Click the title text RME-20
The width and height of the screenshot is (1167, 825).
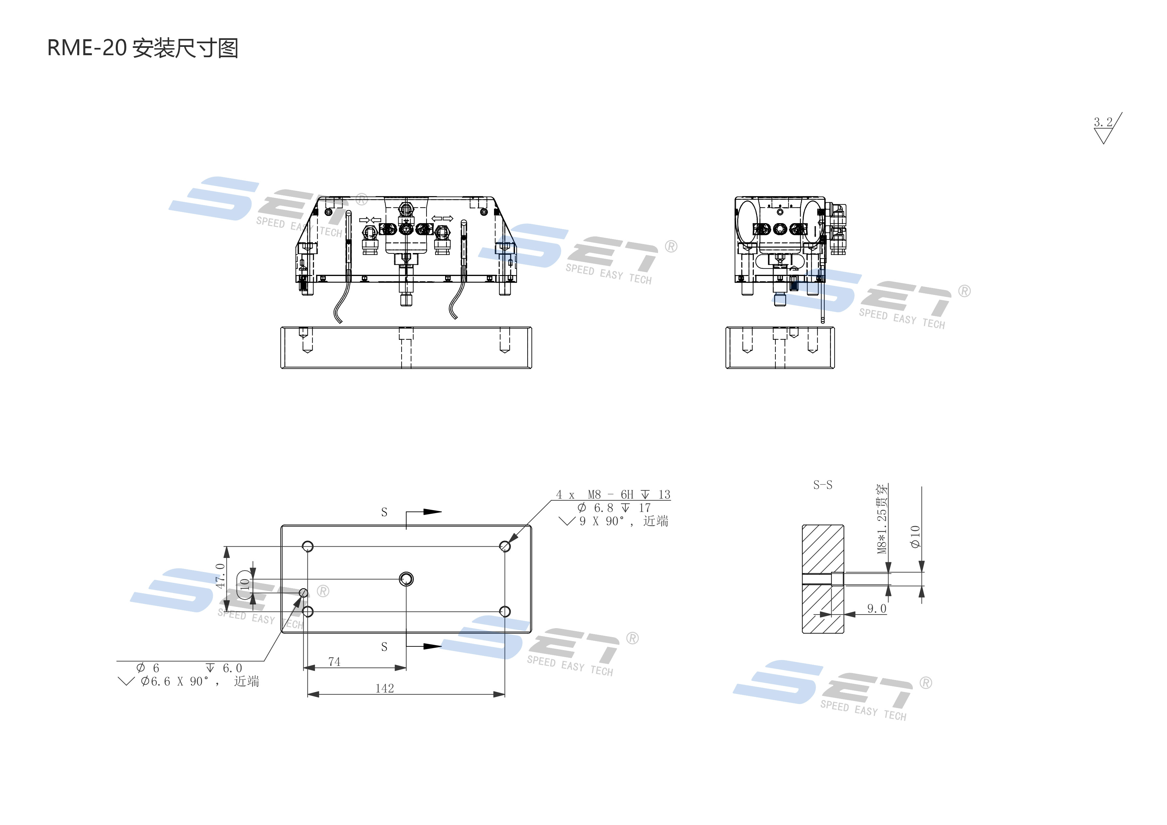[x=86, y=48]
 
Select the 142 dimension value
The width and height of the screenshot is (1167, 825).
[x=385, y=688]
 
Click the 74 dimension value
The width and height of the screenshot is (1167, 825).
[x=334, y=661]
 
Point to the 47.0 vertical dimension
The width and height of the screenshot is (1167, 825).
[x=220, y=576]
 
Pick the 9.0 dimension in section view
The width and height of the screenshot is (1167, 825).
[x=876, y=609]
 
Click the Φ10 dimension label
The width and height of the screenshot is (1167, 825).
[x=915, y=536]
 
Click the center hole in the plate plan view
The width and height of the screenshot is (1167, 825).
[x=406, y=579]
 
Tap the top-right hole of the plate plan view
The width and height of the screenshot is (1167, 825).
[x=505, y=546]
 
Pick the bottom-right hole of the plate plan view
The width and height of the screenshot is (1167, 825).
[x=505, y=611]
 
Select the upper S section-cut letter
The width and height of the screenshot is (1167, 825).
[x=384, y=512]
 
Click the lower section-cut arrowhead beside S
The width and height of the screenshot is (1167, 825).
[x=432, y=647]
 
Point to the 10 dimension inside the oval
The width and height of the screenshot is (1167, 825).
[x=245, y=585]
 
